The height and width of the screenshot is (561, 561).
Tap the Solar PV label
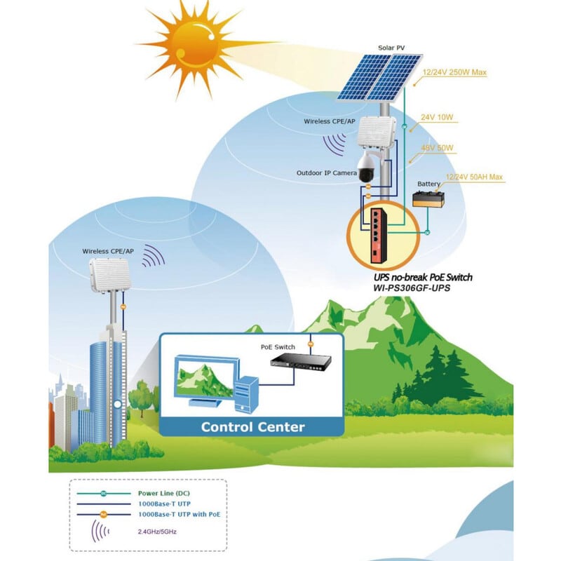(x=391, y=48)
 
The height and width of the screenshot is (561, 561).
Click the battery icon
(x=428, y=199)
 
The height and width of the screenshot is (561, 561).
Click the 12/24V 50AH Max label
(x=475, y=177)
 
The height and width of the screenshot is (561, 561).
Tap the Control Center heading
(x=252, y=426)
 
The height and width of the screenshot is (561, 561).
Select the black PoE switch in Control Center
(x=306, y=363)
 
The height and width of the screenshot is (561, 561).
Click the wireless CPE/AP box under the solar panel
(x=373, y=135)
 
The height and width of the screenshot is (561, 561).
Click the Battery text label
(x=428, y=184)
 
